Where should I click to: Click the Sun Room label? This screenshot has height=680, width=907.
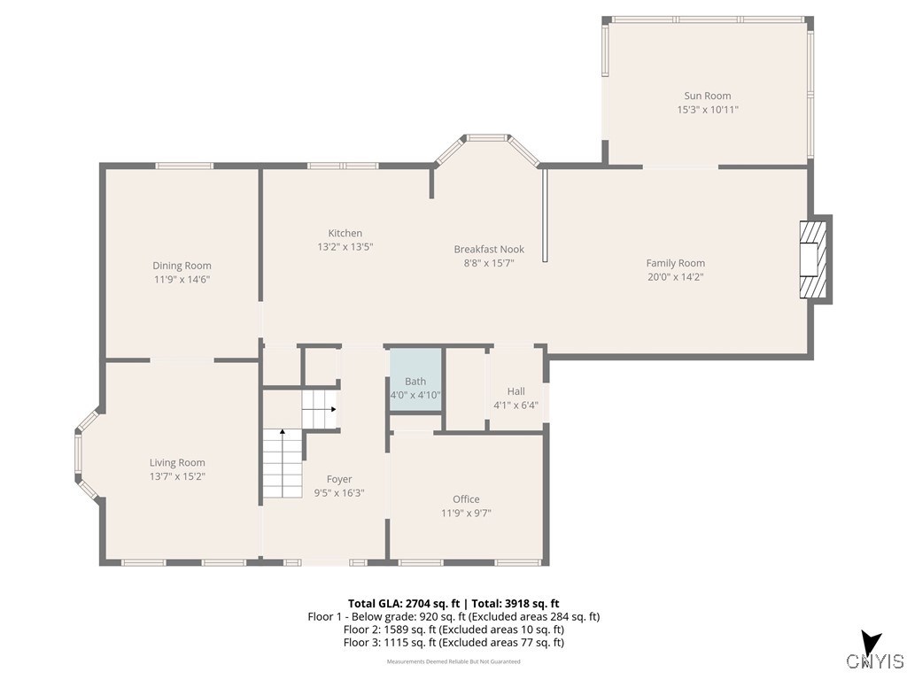(x=707, y=96)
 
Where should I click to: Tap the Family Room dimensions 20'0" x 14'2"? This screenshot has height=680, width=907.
(x=675, y=276)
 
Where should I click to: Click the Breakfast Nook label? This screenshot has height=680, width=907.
(x=489, y=250)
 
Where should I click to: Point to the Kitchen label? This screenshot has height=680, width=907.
(x=345, y=234)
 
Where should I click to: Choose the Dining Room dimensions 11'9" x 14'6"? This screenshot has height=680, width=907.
(x=182, y=279)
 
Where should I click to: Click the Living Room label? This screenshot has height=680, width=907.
(x=177, y=462)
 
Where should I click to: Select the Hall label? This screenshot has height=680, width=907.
(x=516, y=391)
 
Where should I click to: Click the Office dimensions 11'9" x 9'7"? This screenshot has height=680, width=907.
(x=466, y=513)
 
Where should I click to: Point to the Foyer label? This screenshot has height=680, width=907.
(x=339, y=479)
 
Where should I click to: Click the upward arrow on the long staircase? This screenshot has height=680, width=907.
(x=283, y=433)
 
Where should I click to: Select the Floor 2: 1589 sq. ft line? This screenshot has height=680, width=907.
(x=453, y=630)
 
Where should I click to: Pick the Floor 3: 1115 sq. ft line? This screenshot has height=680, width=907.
(x=453, y=643)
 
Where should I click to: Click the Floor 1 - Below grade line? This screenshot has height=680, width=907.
(x=453, y=616)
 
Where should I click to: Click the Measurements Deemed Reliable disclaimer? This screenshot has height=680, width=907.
(x=453, y=661)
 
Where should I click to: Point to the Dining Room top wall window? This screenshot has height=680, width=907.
(x=184, y=166)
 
